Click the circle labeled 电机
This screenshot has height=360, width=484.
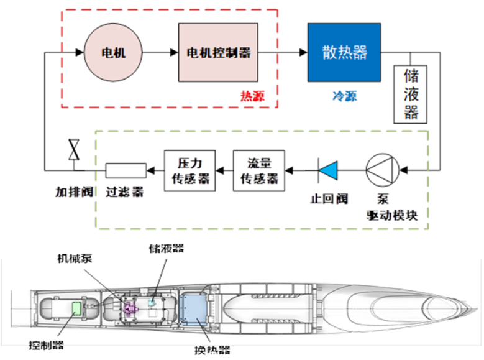tap(113, 53)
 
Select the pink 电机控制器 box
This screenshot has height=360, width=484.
tap(218, 53)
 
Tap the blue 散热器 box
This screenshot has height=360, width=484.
tap(344, 52)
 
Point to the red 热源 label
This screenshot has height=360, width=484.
tap(252, 96)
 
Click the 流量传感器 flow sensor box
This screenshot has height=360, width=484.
tap(258, 169)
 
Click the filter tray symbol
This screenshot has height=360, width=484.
tap(125, 169)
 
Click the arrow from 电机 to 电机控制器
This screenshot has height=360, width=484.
tap(161, 53)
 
